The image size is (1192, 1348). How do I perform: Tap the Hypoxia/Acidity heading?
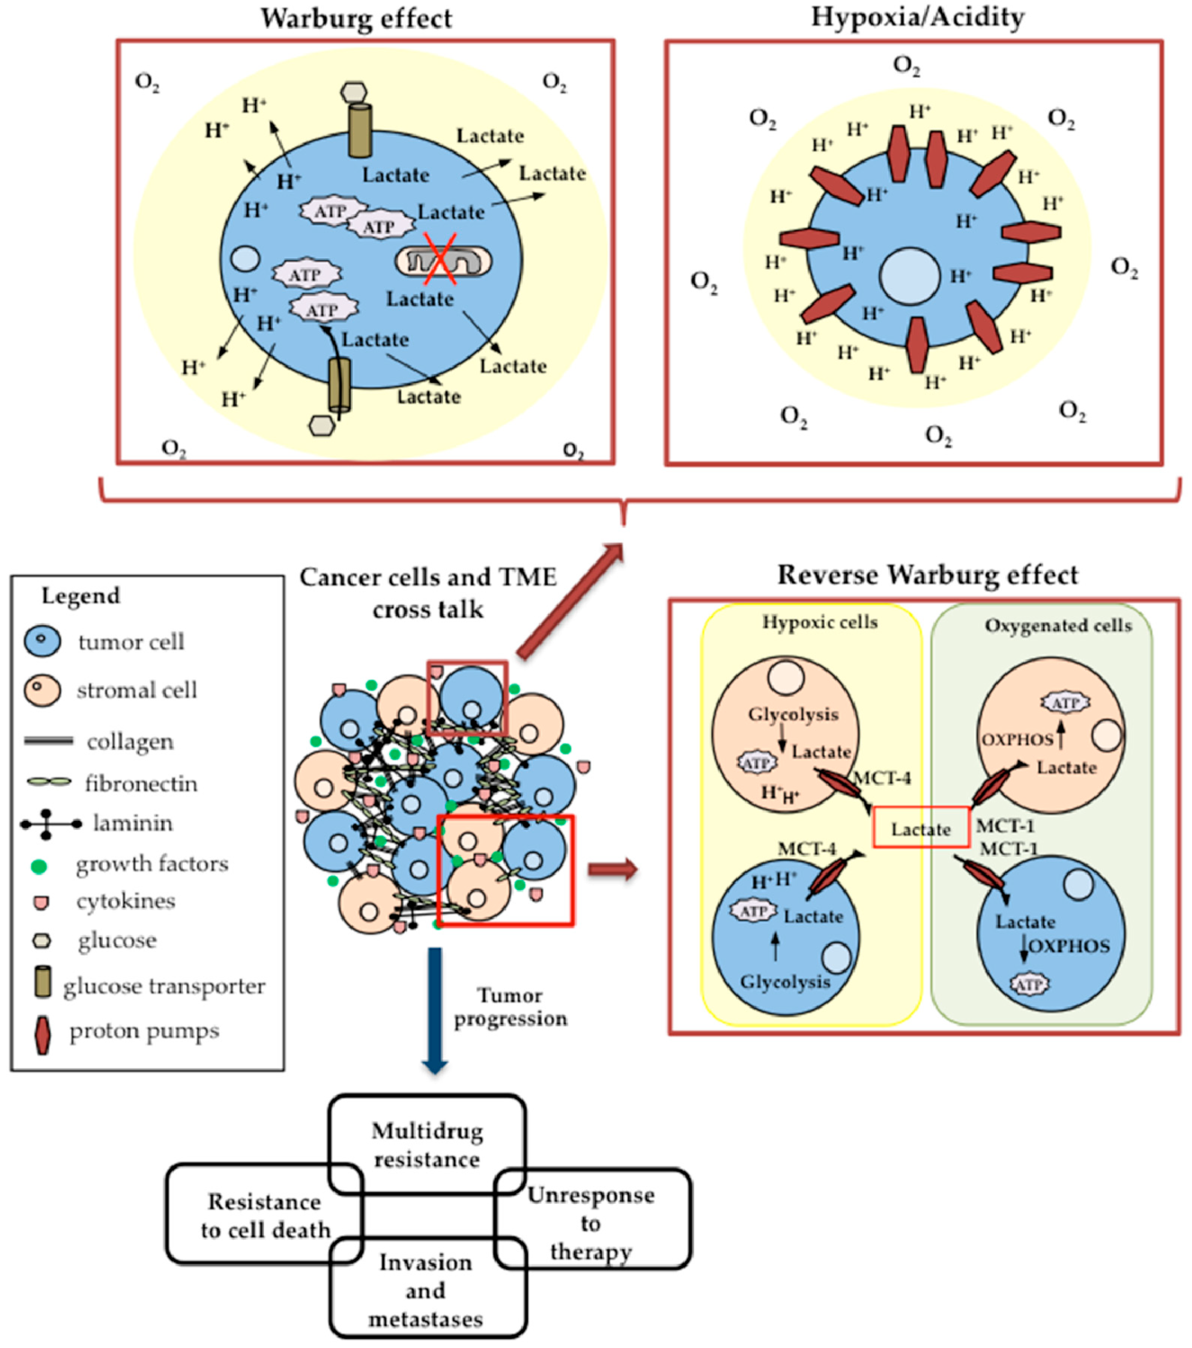coord(917,17)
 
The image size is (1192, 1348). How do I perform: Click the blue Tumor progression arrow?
coord(435,1009)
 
